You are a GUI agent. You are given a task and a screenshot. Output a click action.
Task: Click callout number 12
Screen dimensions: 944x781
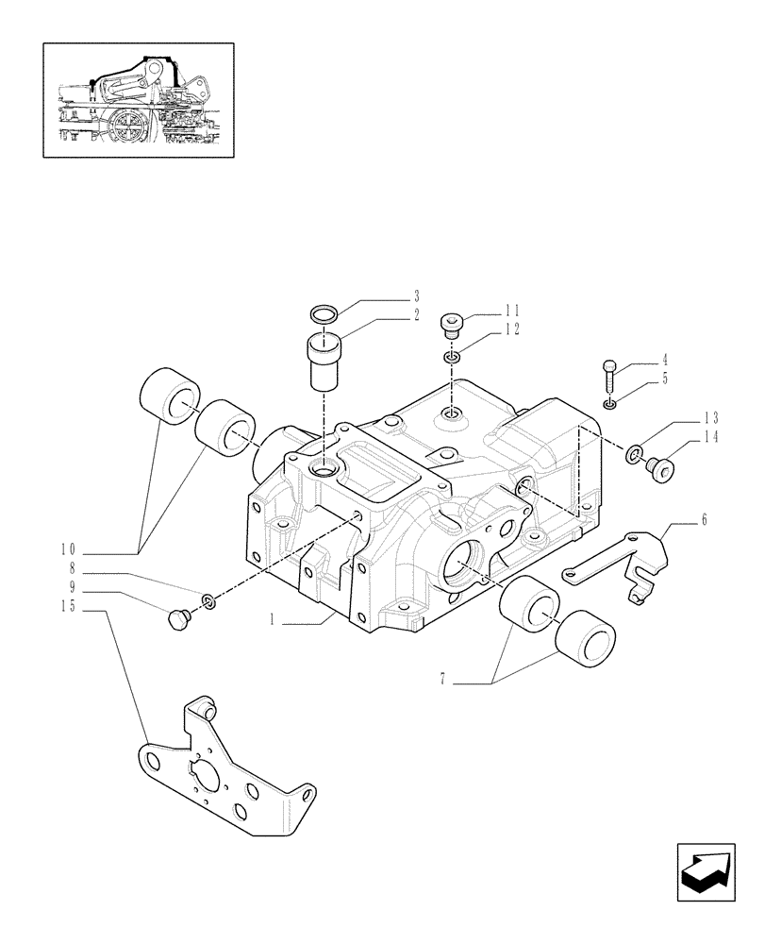(511, 329)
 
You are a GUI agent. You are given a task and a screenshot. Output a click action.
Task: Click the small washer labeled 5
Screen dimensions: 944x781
(610, 404)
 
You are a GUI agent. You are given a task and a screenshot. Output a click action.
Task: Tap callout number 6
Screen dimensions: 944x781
(703, 520)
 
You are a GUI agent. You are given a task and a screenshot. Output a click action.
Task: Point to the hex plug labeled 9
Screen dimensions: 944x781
(176, 619)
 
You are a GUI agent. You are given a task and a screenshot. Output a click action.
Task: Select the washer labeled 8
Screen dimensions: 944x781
(208, 601)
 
